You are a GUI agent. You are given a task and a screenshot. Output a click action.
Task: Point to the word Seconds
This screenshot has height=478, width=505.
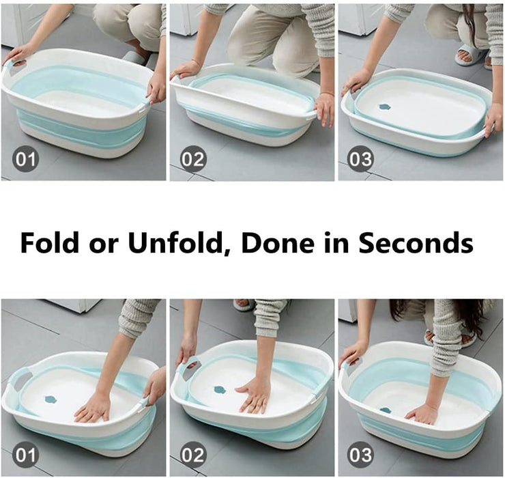(x=417, y=242)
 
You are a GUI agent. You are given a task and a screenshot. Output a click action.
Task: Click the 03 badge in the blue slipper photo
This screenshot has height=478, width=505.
(x=360, y=158)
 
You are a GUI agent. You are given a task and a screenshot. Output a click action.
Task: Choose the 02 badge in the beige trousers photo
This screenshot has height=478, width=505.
(x=192, y=159)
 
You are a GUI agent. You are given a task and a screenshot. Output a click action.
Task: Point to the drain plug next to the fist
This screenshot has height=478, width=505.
(x=386, y=410)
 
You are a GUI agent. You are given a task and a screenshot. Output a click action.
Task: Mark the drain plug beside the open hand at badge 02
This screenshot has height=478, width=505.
(x=220, y=390)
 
